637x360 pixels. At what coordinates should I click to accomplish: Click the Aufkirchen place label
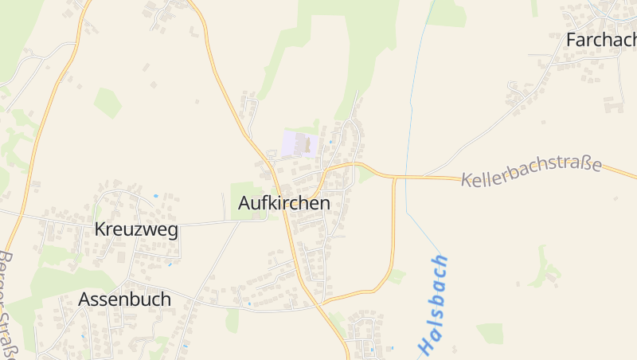[x=283, y=203]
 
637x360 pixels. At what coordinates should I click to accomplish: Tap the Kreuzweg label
[x=135, y=229]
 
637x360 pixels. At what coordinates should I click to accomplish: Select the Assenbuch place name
[x=124, y=299]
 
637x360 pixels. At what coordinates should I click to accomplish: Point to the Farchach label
[x=600, y=40]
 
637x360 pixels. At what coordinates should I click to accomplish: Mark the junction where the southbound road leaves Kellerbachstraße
[x=395, y=177]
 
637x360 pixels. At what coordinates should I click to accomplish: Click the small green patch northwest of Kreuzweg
[x=107, y=102]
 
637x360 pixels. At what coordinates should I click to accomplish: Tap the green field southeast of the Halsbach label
[x=489, y=333]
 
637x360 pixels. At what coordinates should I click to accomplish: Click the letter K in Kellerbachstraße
[x=467, y=181]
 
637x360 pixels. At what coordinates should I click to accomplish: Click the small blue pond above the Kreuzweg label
[x=155, y=195]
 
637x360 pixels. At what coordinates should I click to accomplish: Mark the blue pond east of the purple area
[x=330, y=143]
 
